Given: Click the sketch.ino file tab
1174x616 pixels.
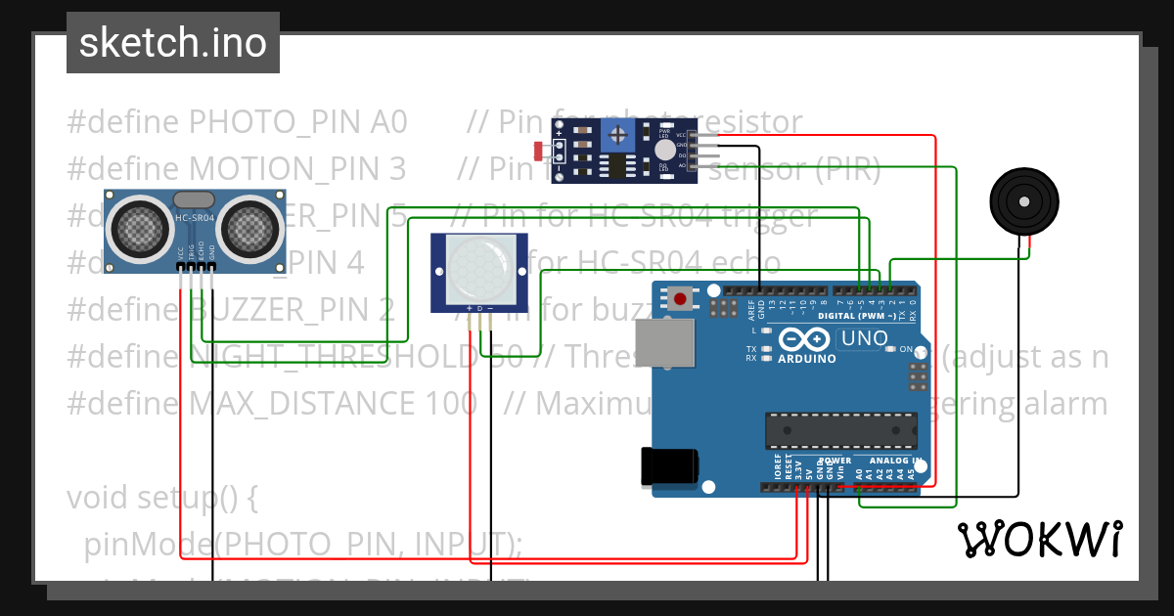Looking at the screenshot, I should tap(172, 43).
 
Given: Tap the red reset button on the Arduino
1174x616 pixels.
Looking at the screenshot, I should tap(680, 297).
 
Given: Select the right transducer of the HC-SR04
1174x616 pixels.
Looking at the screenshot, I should tap(251, 229).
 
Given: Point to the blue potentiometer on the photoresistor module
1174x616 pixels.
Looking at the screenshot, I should tap(617, 138).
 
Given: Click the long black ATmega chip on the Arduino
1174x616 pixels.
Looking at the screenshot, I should tap(840, 430).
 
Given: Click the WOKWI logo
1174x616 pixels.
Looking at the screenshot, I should tap(1039, 539).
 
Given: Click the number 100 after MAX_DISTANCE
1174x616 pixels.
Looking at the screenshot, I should tap(450, 404).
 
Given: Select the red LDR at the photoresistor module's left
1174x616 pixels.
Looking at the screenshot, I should tap(538, 151).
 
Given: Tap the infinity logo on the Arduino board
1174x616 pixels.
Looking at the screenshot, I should tap(806, 339).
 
